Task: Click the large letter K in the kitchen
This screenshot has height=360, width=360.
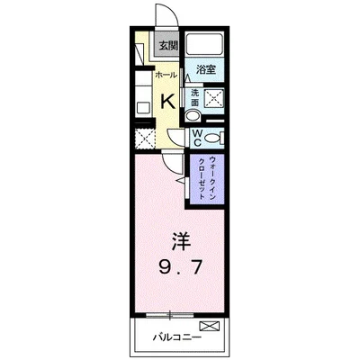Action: coord(166,102)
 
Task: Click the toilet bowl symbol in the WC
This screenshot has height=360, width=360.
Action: coord(212,137)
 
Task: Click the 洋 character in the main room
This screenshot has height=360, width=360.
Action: coord(180,242)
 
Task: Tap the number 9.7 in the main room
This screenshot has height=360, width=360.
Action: coord(180,267)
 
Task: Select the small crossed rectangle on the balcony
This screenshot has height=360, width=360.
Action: coord(209,325)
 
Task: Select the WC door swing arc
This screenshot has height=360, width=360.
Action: coord(180,137)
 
